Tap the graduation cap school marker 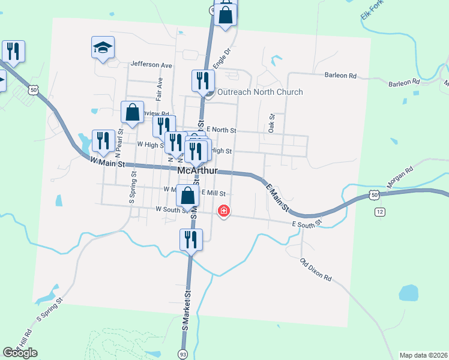pyautogui.click(x=103, y=47)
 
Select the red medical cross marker pyautogui.click(x=223, y=211)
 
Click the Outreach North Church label pyautogui.click(x=259, y=92)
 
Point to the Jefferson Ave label pyautogui.click(x=151, y=65)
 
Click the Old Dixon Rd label pyautogui.click(x=316, y=269)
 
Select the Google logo pyautogui.click(x=20, y=352)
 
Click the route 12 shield pyautogui.click(x=379, y=212)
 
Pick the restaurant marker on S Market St pyautogui.click(x=190, y=239)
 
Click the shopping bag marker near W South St pyautogui.click(x=188, y=196)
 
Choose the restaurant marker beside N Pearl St pyautogui.click(x=103, y=141)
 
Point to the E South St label pyautogui.click(x=307, y=224)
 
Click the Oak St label pyautogui.click(x=272, y=124)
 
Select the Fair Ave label pyautogui.click(x=160, y=88)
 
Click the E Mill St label pyautogui.click(x=213, y=193)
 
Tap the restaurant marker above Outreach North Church pyautogui.click(x=203, y=80)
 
